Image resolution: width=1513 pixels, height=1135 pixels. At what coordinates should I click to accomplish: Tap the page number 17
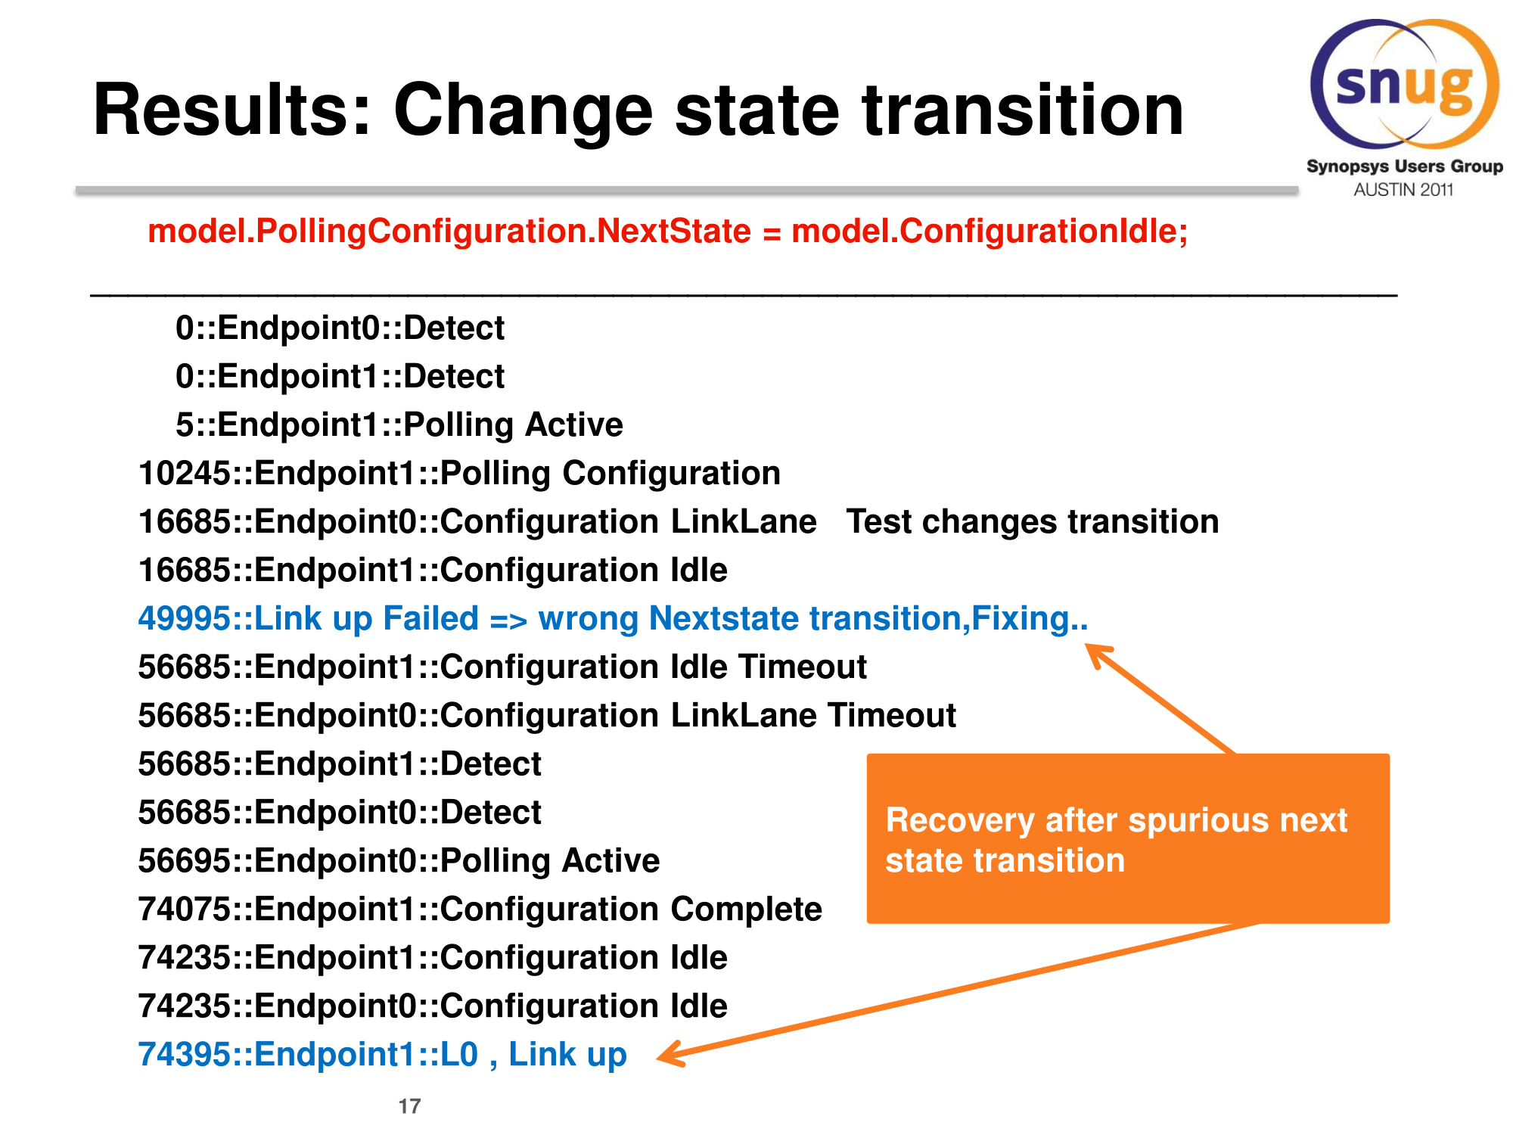click(x=409, y=1106)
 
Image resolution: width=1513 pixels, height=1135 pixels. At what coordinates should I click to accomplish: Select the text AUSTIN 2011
click(x=1403, y=190)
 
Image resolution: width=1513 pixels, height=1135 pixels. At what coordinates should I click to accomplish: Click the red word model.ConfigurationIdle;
click(x=990, y=232)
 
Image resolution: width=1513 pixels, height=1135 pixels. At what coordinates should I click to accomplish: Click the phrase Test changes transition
click(x=1033, y=522)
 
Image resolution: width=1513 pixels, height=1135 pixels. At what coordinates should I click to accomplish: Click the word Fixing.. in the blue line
click(x=1030, y=619)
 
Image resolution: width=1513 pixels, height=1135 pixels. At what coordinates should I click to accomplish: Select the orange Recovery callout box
click(x=1128, y=838)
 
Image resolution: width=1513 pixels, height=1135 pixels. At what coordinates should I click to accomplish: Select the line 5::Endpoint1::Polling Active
click(x=399, y=425)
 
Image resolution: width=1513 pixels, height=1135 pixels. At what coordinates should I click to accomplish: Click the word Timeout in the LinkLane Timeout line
click(x=892, y=716)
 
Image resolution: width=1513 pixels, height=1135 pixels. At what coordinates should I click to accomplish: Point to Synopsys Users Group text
click(x=1405, y=166)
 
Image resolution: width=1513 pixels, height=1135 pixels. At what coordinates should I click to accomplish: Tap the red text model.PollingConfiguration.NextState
click(x=449, y=232)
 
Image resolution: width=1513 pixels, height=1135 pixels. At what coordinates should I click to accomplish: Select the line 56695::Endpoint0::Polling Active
click(x=399, y=861)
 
